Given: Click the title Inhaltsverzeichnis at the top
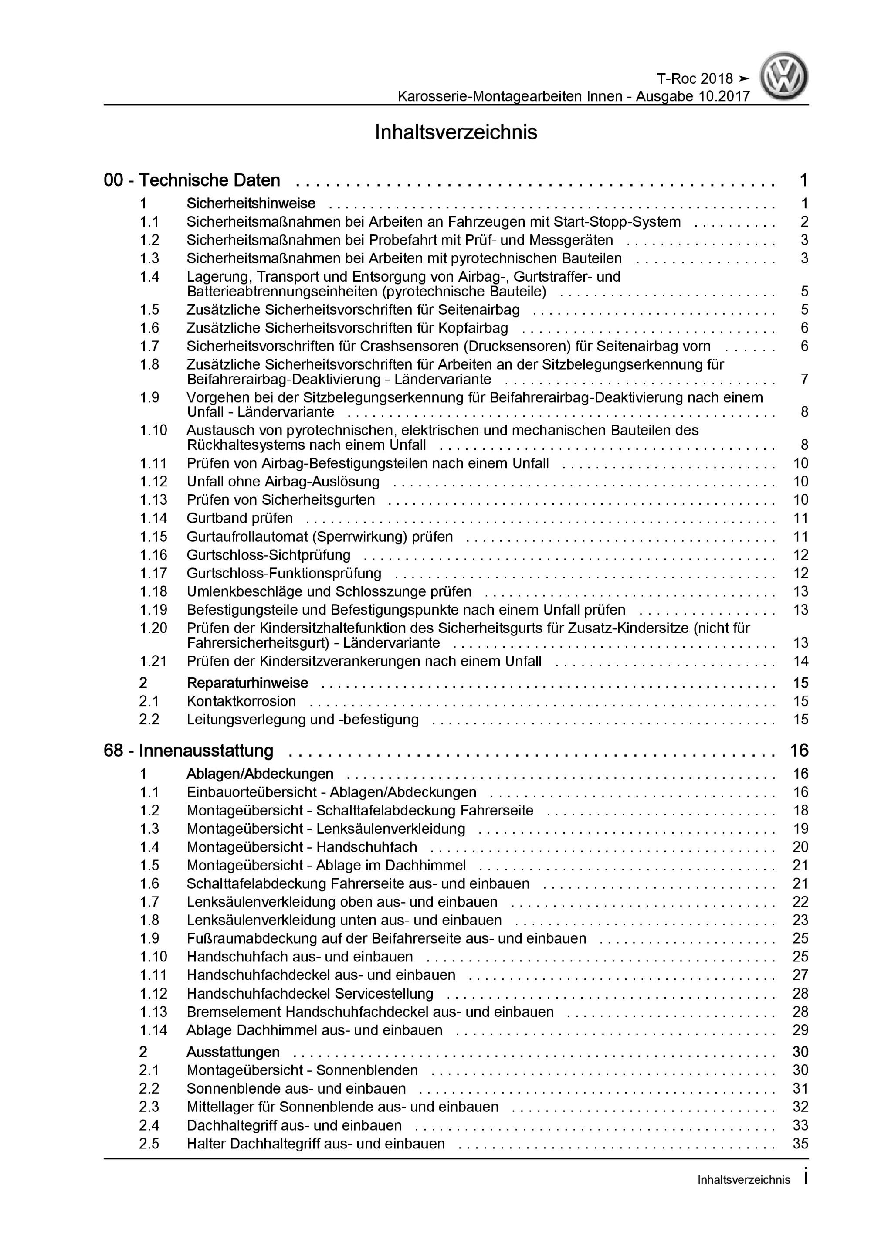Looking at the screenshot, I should [x=455, y=132].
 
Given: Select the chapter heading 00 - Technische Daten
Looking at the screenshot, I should [x=192, y=180].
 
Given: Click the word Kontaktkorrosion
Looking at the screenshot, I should [x=241, y=701].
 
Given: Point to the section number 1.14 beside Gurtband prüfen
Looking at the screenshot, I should [x=153, y=518].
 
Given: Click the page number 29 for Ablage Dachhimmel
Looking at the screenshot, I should [x=800, y=1029].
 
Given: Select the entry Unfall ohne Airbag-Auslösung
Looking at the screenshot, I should [x=283, y=482].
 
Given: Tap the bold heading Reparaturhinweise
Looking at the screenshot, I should [x=247, y=683].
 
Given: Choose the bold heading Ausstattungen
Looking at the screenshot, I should [x=233, y=1052].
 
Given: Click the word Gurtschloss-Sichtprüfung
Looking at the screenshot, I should [x=268, y=555].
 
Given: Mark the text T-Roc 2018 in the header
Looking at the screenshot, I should [x=695, y=79].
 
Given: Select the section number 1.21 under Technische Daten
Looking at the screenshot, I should [x=153, y=661].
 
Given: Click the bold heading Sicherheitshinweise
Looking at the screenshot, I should [x=251, y=204].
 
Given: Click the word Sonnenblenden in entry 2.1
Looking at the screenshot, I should [x=367, y=1070].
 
